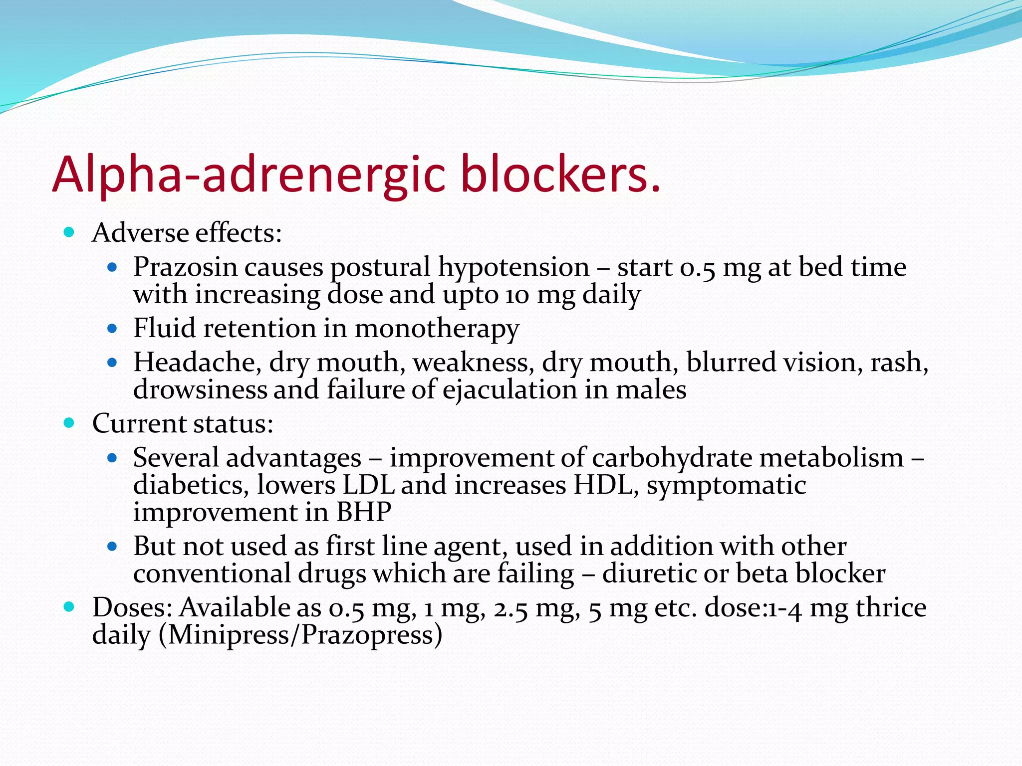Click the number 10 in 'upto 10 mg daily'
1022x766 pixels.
[x=516, y=295]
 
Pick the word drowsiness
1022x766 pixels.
[x=200, y=389]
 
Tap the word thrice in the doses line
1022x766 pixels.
[x=891, y=608]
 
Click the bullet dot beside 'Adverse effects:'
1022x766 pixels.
[x=69, y=232]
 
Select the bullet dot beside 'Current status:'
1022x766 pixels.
[x=69, y=423]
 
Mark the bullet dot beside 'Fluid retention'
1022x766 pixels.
[x=112, y=329]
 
